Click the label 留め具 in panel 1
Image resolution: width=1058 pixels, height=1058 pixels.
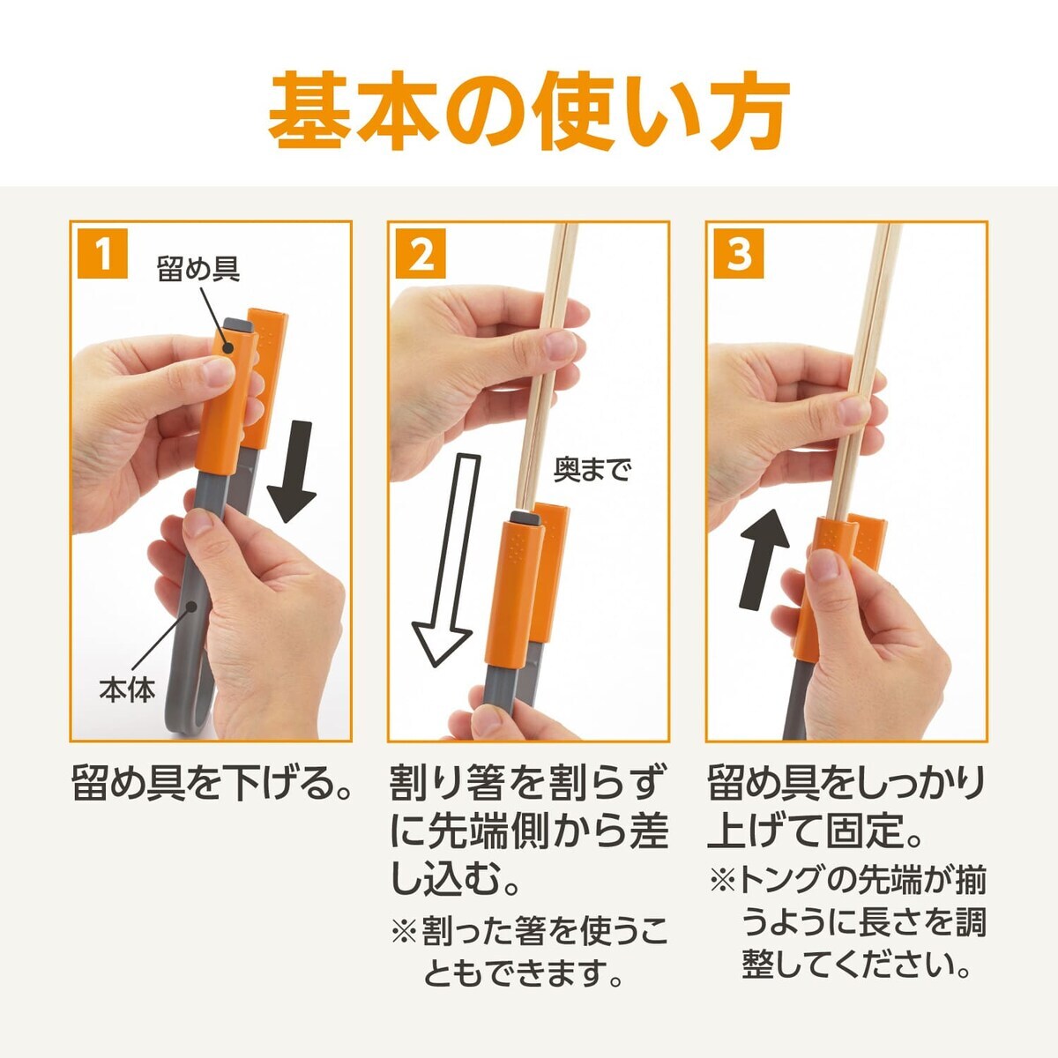pyautogui.click(x=198, y=268)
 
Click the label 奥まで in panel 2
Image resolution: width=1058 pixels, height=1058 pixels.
pyautogui.click(x=592, y=470)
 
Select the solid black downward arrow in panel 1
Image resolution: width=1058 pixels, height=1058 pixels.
pyautogui.click(x=290, y=471)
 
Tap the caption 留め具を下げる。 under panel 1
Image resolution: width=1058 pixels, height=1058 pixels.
pyautogui.click(x=212, y=783)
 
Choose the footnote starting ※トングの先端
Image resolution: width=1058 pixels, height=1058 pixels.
pyautogui.click(x=846, y=922)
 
